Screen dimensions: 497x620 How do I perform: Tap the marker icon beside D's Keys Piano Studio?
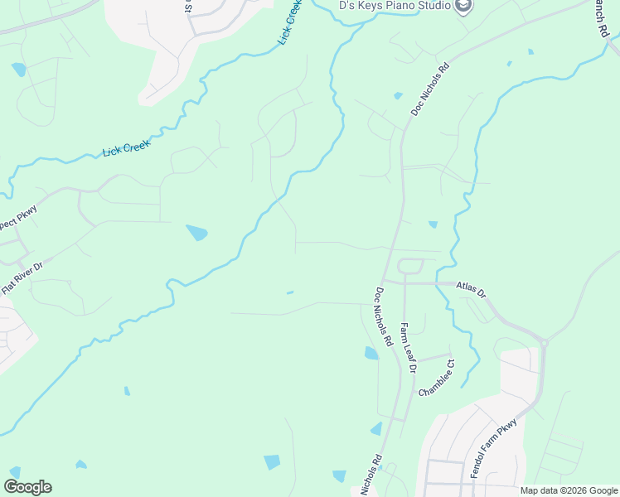(x=463, y=6)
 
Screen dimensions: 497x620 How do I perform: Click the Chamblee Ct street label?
(x=438, y=377)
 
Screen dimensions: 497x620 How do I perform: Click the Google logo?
(x=27, y=487)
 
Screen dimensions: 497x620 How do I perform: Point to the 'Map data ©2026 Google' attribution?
(x=568, y=490)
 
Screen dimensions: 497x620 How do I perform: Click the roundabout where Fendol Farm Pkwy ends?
(x=544, y=342)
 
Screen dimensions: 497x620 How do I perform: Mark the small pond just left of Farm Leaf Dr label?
(x=371, y=353)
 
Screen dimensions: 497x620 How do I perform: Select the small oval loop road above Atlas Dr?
(x=411, y=266)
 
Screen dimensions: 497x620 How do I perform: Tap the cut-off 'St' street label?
(x=189, y=7)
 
